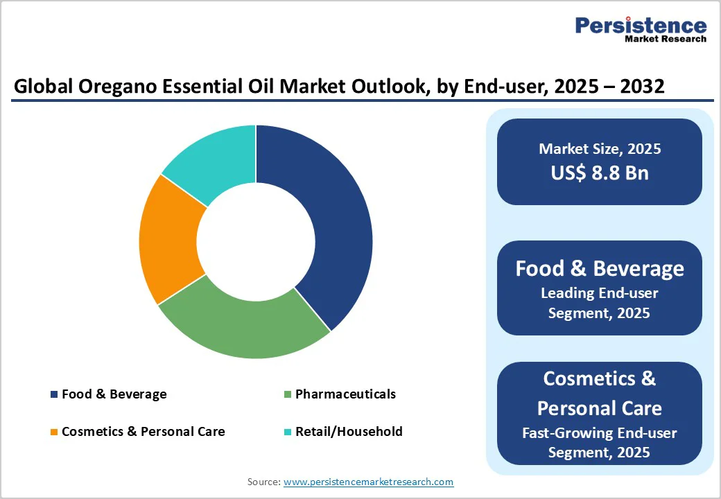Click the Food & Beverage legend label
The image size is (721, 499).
114,394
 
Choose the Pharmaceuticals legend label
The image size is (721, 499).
345,394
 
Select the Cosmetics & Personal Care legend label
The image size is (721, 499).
143,431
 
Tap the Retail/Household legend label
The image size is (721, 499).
349,431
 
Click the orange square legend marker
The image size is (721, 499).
53,432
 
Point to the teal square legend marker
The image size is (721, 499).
286,432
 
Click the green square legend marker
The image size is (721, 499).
286,395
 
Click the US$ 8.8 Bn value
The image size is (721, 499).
600,173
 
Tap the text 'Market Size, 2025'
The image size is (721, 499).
600,149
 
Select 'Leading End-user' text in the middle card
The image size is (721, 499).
600,293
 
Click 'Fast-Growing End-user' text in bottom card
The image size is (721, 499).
600,433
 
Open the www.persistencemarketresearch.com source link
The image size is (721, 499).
368,482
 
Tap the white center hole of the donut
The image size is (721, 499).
256,242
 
